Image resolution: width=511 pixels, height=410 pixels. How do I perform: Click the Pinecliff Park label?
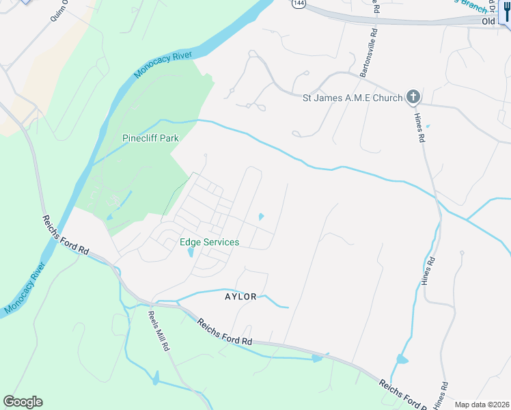tap(150, 138)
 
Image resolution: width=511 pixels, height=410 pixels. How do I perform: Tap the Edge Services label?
tap(209, 243)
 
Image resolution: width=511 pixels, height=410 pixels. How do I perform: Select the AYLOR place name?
tap(240, 297)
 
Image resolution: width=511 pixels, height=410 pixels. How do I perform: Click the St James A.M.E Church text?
tap(353, 98)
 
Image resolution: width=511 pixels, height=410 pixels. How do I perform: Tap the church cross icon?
tap(413, 97)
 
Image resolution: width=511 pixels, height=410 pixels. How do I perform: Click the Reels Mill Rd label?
tap(158, 331)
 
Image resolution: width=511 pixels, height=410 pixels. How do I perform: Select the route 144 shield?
tap(298, 3)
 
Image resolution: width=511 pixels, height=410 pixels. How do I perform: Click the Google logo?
tap(23, 402)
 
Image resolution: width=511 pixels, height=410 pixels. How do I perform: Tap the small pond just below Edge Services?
tap(190, 252)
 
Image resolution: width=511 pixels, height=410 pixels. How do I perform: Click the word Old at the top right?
tap(488, 22)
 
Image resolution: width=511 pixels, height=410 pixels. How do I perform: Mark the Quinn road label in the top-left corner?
tap(59, 12)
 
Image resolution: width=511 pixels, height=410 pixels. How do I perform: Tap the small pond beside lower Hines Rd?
tap(402, 359)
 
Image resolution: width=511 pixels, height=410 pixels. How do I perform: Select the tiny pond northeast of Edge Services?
tap(260, 217)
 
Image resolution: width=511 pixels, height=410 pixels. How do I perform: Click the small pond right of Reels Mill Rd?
tap(156, 377)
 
